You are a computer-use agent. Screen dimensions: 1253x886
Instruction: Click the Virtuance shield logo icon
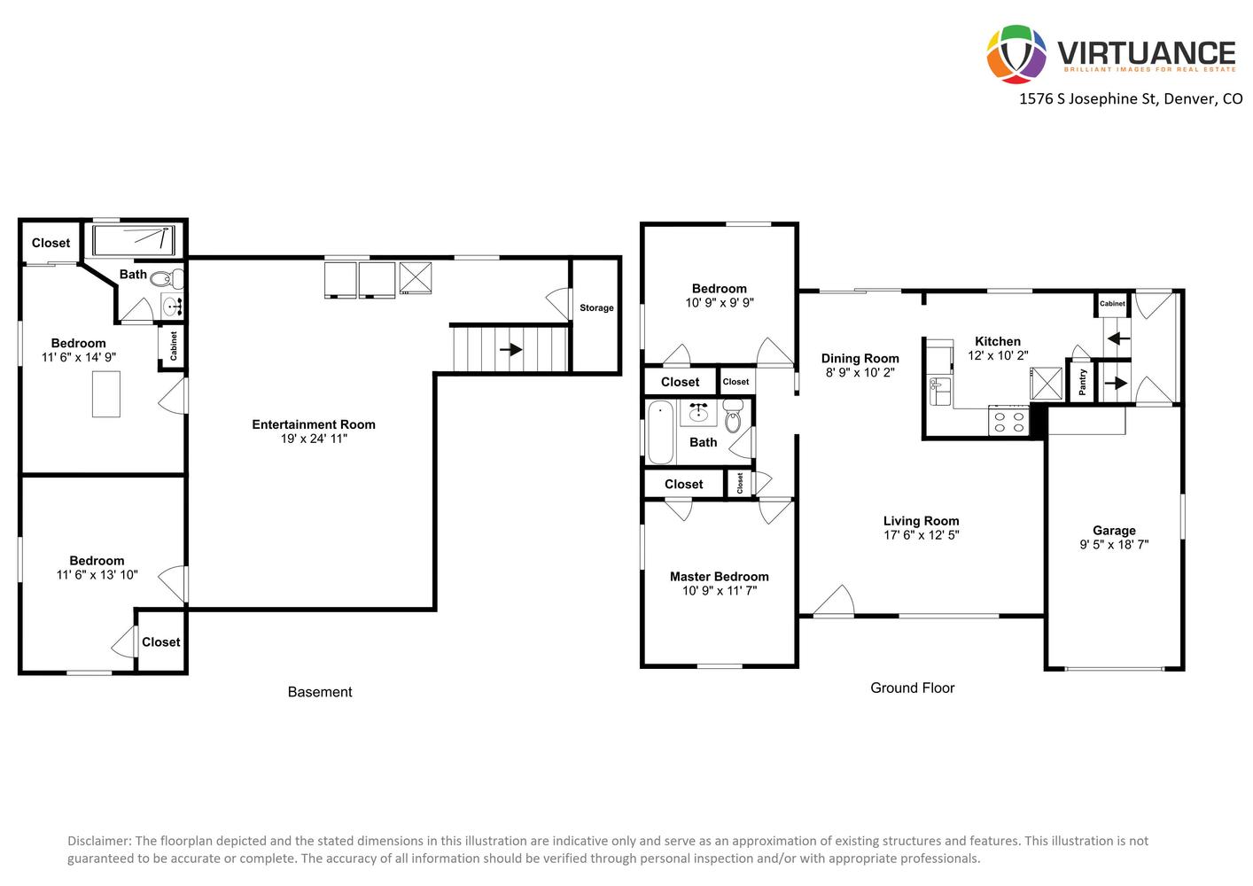[x=1016, y=54]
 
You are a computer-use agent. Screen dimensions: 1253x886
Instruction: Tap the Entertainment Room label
[x=314, y=424]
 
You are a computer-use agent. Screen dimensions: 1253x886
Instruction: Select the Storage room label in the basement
[x=596, y=307]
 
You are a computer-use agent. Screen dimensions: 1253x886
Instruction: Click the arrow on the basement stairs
[x=510, y=350]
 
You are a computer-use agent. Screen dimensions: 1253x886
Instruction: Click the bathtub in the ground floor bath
[x=661, y=431]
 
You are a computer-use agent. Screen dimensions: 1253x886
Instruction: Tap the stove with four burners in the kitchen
[x=1008, y=420]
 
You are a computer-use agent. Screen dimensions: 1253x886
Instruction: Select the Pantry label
[x=1082, y=382]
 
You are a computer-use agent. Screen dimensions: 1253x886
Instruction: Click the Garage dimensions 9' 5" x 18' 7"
[x=1114, y=544]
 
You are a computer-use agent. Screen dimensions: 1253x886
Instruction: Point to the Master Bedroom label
[x=720, y=577]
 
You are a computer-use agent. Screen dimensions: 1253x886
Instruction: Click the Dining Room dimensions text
[x=860, y=372]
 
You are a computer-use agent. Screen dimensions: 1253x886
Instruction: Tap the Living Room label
[x=922, y=521]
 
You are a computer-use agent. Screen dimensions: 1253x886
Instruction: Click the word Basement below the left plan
[x=320, y=692]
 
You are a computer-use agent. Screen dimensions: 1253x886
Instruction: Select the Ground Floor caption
[x=913, y=688]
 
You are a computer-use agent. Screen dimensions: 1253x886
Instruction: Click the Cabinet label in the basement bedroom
[x=174, y=346]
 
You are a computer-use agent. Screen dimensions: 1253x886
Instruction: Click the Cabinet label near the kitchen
[x=1112, y=303]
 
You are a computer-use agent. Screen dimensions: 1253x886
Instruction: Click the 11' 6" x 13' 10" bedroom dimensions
[x=97, y=575]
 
